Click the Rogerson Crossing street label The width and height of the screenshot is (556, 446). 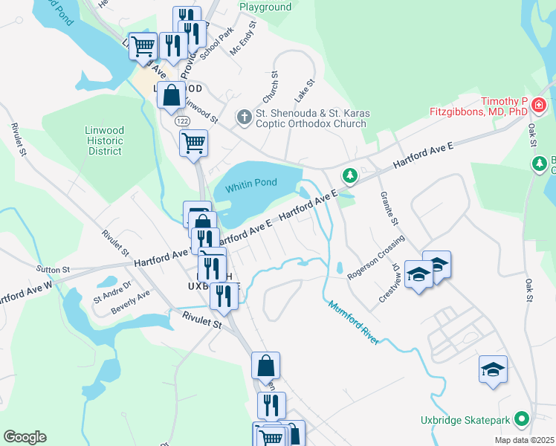point(376,259)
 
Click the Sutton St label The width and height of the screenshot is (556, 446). point(54,269)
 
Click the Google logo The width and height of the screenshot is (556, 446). point(25,437)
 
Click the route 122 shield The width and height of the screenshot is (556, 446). point(182,120)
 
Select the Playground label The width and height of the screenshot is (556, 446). point(265,7)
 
